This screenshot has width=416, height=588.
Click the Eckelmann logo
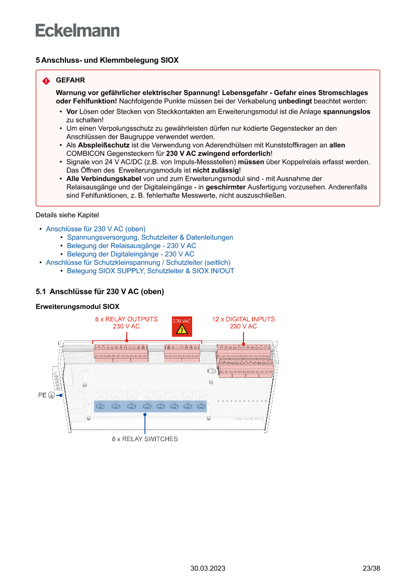tap(77, 30)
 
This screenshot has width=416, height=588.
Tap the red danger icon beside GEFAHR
tap(46, 81)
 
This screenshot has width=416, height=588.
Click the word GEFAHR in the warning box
tap(70, 80)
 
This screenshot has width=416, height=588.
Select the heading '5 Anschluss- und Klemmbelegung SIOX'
tap(107, 60)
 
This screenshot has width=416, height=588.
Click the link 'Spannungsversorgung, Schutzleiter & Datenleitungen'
tap(150, 237)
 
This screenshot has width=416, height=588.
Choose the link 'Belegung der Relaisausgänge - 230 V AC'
tap(131, 246)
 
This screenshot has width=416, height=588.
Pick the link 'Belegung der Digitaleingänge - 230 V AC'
tap(130, 254)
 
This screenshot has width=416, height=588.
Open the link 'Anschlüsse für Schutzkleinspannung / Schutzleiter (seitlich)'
tap(138, 263)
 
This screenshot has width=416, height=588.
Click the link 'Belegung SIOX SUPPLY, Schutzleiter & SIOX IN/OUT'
tap(150, 271)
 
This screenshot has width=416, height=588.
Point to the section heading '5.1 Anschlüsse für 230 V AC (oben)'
tap(100, 292)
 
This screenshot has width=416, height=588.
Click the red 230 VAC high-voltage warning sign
tap(182, 326)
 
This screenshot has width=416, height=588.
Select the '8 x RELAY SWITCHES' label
tap(145, 439)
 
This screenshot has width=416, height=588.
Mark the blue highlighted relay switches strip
tap(150, 406)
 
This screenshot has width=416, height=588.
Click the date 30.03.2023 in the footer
tap(208, 569)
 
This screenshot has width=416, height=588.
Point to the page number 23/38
tap(371, 569)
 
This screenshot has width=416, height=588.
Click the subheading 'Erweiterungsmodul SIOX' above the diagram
tap(77, 306)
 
